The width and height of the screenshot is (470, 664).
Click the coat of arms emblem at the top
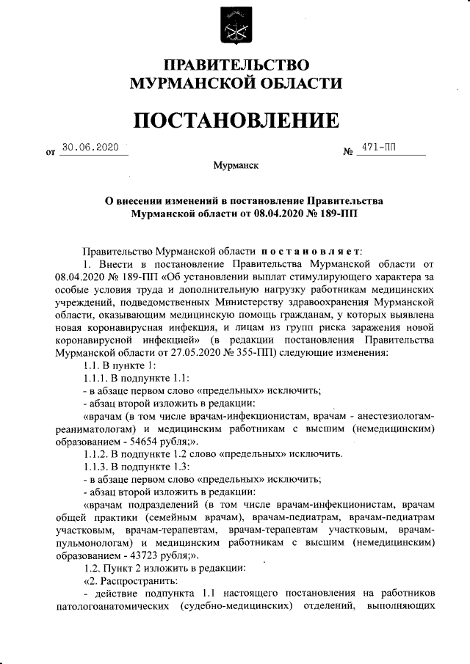(x=234, y=27)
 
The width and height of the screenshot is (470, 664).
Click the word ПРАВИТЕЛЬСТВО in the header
(x=235, y=66)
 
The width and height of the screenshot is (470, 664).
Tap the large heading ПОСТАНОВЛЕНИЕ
(x=235, y=120)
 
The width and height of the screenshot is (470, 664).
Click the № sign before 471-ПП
(x=348, y=153)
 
